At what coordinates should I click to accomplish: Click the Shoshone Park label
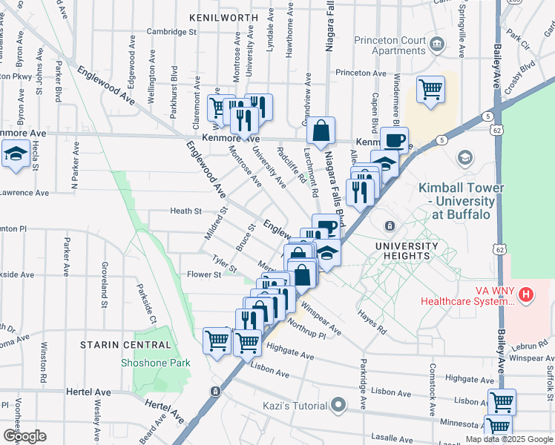[x=155, y=363]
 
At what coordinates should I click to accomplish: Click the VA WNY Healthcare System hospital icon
[x=526, y=295]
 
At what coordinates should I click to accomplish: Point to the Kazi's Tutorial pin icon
[x=339, y=405]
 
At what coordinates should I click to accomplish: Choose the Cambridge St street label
[x=171, y=32]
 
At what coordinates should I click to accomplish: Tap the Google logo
[x=24, y=436]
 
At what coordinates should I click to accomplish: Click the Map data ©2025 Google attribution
[x=509, y=439]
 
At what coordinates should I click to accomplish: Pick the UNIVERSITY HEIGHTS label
[x=407, y=251]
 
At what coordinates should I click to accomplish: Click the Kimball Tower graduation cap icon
[x=465, y=157]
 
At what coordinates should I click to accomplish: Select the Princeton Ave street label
[x=361, y=73]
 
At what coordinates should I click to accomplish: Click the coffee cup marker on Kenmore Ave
[x=394, y=141]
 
